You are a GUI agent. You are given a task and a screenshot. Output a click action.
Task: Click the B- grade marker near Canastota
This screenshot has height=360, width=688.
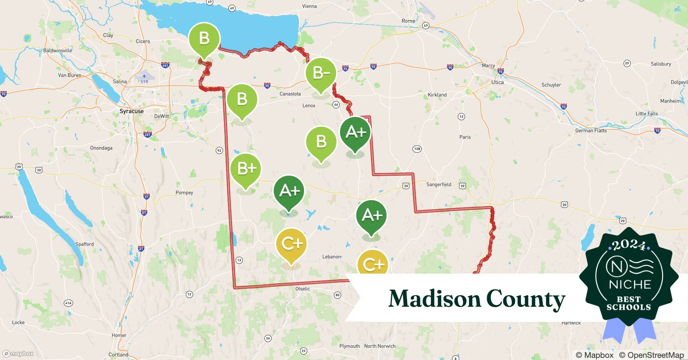(321, 73)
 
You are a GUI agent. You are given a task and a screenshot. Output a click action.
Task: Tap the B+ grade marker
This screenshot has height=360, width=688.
(246, 168)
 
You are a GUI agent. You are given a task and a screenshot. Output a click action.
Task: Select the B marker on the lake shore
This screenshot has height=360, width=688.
(204, 38)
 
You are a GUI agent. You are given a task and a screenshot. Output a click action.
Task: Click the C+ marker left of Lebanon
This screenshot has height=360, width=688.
(291, 244)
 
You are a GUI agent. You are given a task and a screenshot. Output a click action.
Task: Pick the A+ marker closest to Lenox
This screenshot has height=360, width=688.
(355, 132)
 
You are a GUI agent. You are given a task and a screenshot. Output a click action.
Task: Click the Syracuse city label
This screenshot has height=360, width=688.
(131, 111)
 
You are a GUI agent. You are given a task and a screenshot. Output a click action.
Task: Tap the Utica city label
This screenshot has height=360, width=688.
(497, 82)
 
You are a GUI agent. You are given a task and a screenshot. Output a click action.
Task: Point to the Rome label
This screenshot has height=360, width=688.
(408, 21)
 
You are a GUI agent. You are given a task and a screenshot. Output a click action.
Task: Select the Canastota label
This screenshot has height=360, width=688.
(290, 94)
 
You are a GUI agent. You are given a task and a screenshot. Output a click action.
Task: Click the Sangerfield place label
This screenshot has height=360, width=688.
(438, 184)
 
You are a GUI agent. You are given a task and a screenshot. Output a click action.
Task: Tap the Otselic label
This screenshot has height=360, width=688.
(303, 289)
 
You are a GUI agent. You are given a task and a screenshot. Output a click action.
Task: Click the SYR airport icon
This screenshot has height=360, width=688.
(144, 76)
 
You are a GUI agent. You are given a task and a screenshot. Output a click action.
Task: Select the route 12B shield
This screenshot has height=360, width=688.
(417, 149)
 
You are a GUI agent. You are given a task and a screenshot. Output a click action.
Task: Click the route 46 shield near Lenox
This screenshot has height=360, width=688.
(336, 105)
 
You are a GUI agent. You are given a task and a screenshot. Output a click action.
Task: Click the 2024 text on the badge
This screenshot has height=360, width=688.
(629, 246)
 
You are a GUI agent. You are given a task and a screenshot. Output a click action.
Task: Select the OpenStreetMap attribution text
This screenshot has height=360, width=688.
(651, 355)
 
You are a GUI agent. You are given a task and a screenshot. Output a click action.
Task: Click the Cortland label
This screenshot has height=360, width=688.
(118, 355)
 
